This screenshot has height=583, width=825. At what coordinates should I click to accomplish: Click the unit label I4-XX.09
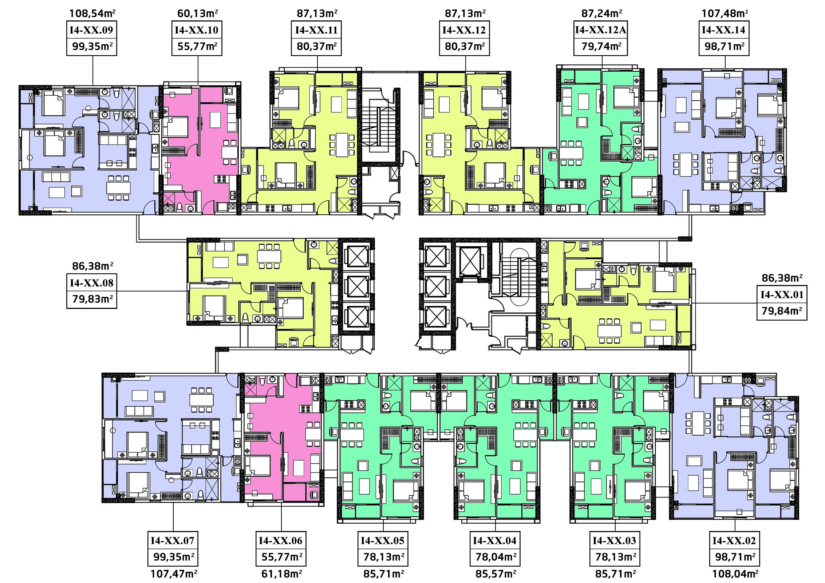point(91,30)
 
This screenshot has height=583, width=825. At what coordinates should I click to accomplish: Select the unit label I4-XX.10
point(197,30)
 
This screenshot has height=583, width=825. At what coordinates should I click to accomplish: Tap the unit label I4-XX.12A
point(601,30)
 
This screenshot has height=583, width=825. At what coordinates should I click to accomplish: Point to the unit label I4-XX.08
point(91,283)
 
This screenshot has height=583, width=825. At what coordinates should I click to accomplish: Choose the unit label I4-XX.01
point(782,294)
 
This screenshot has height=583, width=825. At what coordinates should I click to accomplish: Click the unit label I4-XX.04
point(495,540)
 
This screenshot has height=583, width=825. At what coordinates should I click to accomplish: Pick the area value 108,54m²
point(92,13)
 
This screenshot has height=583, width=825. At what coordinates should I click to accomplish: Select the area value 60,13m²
point(198,13)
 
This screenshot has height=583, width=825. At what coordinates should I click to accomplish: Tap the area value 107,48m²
point(725,13)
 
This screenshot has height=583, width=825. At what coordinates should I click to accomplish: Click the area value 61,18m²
point(282,574)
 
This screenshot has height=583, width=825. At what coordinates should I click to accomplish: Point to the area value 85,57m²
point(496,574)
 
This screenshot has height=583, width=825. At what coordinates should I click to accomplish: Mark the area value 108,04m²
point(735,574)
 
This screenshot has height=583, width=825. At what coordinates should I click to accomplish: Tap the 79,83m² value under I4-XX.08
point(92,299)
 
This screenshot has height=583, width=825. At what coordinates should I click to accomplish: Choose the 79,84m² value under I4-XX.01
point(782,311)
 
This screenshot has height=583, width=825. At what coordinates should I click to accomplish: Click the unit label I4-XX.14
point(724,30)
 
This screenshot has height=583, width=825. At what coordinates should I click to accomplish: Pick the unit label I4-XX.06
point(281,540)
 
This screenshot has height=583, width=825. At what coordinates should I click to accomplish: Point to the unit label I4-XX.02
point(734,540)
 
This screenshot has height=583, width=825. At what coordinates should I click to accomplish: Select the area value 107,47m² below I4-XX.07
point(174,574)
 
